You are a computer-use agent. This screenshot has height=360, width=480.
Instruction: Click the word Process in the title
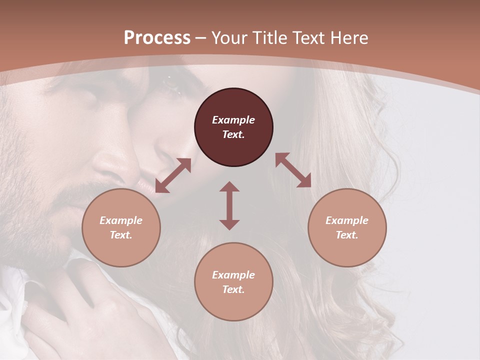pos(157,38)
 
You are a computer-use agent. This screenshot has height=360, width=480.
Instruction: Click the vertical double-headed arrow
pos(229,205)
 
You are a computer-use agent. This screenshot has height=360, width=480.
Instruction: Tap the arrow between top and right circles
pos(293,170)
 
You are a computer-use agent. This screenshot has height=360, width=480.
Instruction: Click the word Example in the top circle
pos(233,120)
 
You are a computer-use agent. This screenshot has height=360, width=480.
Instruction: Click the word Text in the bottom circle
pos(233,290)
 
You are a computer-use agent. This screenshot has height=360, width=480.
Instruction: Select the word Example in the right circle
pos(347,220)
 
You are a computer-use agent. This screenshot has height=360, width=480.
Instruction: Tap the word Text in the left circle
pos(121,235)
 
